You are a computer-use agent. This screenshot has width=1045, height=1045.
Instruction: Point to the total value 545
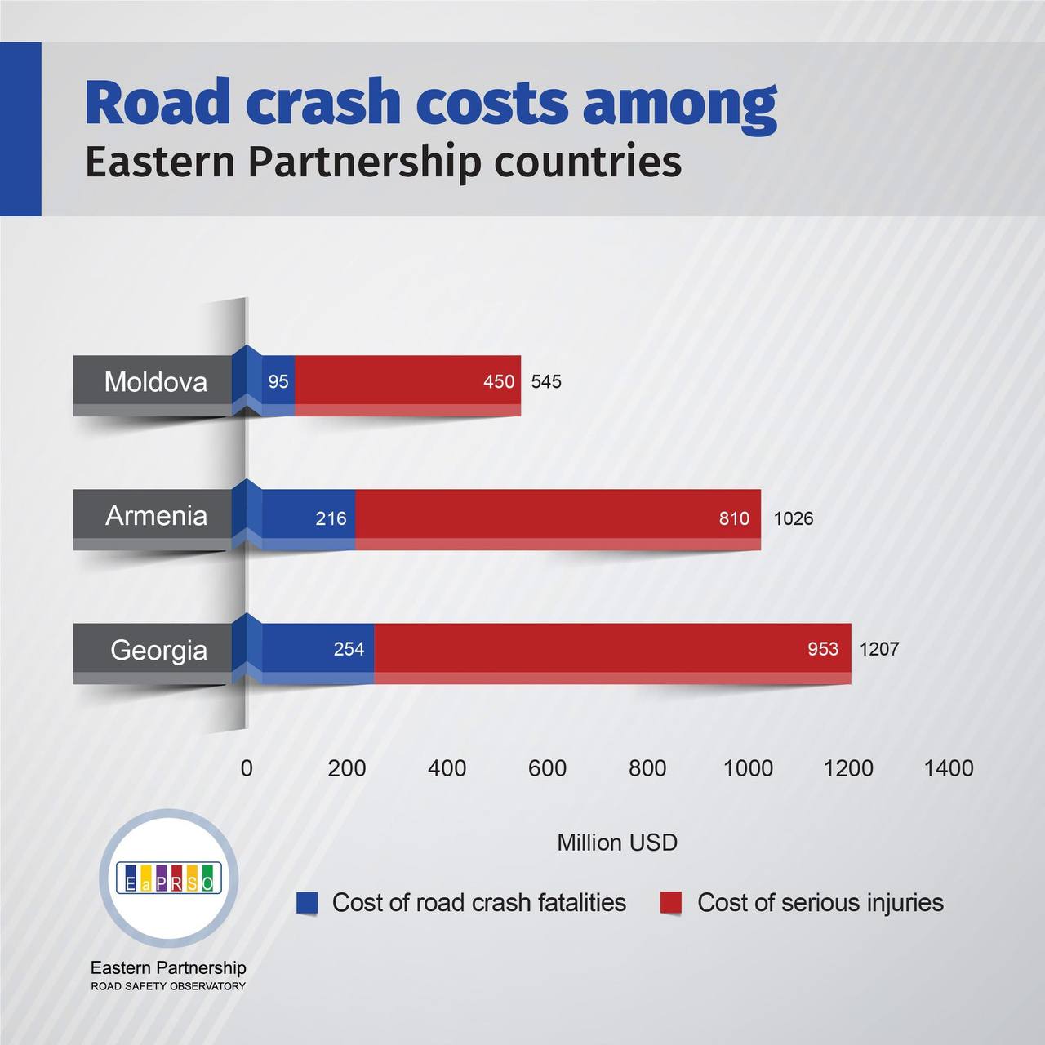point(546,382)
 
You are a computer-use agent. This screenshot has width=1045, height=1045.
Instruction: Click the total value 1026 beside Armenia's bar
point(793,518)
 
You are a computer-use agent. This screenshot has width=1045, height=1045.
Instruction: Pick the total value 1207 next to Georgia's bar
point(878,650)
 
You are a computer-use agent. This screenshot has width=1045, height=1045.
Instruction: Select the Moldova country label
point(155,382)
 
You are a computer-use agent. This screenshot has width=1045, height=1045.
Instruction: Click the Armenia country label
point(156,516)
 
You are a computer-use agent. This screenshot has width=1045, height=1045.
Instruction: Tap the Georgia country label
point(158,651)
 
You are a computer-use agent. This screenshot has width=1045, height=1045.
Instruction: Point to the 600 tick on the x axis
point(547,768)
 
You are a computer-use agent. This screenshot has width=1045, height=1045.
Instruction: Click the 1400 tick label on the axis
point(948,768)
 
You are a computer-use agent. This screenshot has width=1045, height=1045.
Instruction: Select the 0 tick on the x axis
point(247,768)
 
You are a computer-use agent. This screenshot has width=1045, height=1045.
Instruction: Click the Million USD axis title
point(617,843)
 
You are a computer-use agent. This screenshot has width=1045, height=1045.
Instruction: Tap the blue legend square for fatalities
point(307,903)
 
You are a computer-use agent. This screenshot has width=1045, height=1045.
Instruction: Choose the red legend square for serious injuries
point(671,903)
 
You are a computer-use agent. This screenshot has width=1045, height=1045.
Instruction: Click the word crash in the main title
point(323,104)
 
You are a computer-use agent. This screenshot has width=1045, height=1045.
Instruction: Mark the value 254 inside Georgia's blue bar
point(349,649)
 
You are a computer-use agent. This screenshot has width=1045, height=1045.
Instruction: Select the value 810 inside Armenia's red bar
point(734,518)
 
